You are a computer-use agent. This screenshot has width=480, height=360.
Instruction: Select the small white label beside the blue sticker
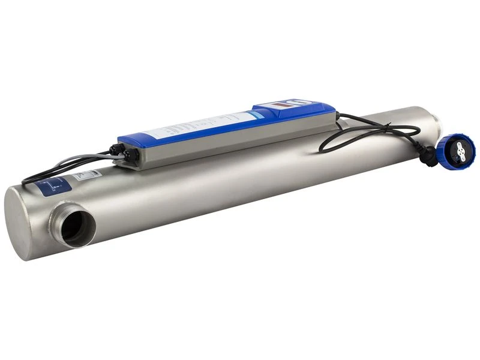[x=88, y=175]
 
